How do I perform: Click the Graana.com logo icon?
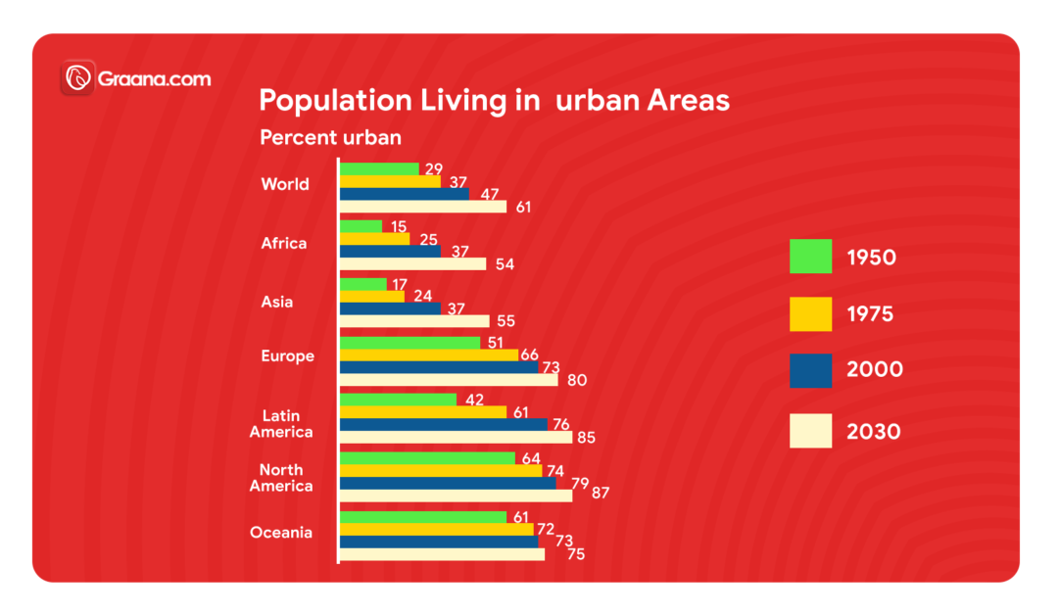click(77, 78)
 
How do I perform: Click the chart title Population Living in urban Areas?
click(494, 101)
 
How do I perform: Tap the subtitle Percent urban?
click(330, 138)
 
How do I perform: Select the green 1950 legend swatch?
click(810, 257)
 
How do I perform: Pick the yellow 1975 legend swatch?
click(810, 314)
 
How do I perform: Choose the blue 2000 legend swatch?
click(810, 371)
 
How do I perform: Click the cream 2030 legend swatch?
click(810, 431)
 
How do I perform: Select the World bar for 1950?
click(379, 168)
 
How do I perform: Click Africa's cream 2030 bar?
click(412, 263)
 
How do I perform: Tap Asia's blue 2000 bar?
click(390, 308)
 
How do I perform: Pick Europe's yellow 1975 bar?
click(428, 354)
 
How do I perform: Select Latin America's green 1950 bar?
click(398, 400)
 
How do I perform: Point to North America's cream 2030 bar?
click(456, 496)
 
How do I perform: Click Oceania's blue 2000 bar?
click(438, 542)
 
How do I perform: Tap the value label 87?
click(601, 493)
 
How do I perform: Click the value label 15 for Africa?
click(399, 227)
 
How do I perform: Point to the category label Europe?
click(288, 356)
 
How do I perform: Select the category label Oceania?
click(281, 533)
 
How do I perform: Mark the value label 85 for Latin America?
click(586, 438)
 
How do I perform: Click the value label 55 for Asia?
click(506, 321)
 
